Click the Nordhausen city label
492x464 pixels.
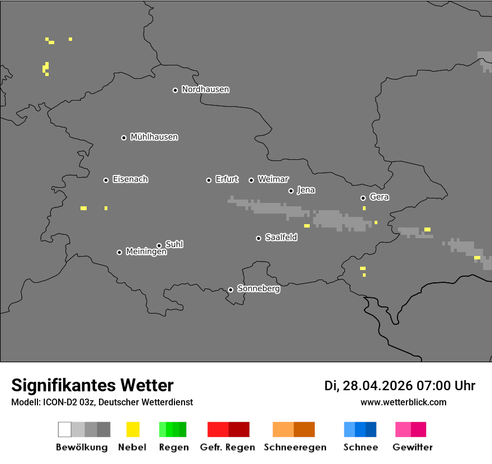coord(205,89)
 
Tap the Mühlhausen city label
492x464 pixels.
coord(154,137)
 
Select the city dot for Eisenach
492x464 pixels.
coord(106,180)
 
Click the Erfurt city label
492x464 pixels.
coord(226,179)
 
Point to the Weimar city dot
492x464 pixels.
coord(251,180)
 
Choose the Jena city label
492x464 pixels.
coord(306,190)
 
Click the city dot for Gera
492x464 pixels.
coord(363,198)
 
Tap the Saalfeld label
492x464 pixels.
coord(281,238)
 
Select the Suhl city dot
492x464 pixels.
coord(159,245)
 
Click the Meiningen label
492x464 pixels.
coord(146,252)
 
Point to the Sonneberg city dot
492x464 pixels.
coord(230,290)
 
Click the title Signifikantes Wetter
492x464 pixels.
coord(92,386)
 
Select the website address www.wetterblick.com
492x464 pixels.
coord(403,403)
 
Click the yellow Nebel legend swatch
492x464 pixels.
coord(133,429)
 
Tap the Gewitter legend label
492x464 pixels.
coord(413,447)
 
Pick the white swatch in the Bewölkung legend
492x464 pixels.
coord(64,429)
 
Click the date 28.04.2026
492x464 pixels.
coord(378,386)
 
